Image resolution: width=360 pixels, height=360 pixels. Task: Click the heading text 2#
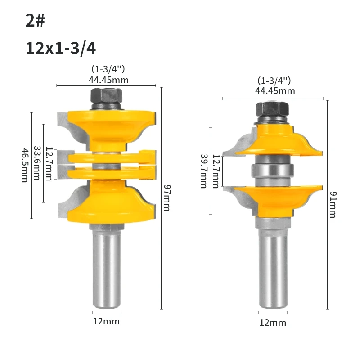(35, 20)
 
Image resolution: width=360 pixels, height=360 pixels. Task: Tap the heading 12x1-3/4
(61, 48)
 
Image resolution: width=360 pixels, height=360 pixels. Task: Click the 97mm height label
(167, 198)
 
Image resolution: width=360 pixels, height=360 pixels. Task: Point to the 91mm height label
(333, 205)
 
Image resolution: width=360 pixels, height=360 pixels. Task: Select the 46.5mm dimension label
(25, 165)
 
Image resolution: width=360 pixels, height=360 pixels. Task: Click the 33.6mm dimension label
(37, 163)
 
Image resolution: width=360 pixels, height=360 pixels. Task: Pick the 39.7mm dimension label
(204, 171)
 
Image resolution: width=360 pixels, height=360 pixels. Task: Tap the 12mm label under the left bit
(106, 321)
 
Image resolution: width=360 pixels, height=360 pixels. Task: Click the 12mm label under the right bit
(273, 323)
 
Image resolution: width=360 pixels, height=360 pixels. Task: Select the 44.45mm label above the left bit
(108, 80)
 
